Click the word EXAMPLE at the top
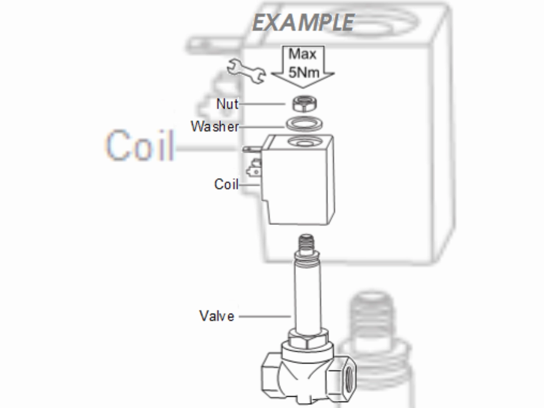tap(303, 21)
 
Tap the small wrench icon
tap(245, 70)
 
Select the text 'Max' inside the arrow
tap(302, 55)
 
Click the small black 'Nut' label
tap(227, 104)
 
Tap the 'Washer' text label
tap(214, 126)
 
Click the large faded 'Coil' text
tap(141, 146)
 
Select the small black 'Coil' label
tap(226, 185)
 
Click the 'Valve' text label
tap(217, 316)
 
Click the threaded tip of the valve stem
tap(305, 244)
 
